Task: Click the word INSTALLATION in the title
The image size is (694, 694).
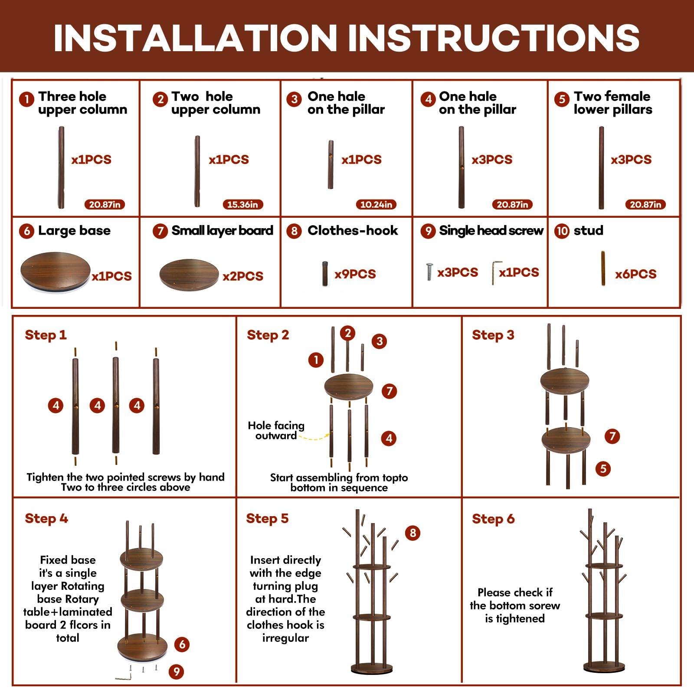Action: point(195,38)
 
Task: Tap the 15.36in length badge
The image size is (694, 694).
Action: point(242,204)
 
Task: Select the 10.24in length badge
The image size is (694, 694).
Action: point(376,204)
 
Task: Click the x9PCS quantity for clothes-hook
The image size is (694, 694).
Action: point(355,274)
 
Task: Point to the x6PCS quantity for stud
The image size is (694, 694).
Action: point(635,274)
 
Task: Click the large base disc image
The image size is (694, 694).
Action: point(56,272)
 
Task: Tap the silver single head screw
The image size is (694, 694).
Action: point(429,272)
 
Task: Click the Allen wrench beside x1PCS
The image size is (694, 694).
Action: point(496,272)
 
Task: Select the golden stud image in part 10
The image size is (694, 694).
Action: point(603,268)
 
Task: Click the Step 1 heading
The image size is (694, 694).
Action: point(46,335)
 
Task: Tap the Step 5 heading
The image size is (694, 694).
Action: point(267,518)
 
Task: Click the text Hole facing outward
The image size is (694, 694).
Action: point(276,431)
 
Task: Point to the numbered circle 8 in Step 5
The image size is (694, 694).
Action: point(412,533)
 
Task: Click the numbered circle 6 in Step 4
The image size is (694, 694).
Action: point(182,644)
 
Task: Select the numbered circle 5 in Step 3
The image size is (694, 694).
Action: point(603,468)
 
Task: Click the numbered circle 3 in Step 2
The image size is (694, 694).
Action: point(379,341)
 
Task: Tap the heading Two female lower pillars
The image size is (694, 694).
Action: point(612,103)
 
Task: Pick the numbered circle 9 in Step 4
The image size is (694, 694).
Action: point(176,672)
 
